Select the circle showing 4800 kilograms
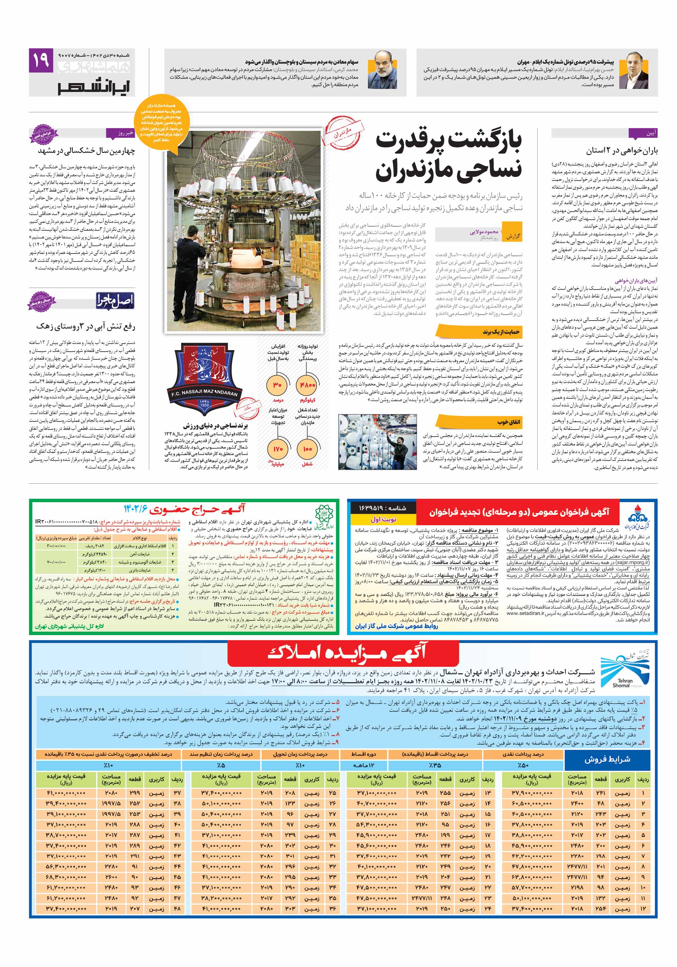click(307, 385)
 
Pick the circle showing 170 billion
click(278, 449)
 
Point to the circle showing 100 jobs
click(307, 449)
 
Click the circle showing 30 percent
click(278, 385)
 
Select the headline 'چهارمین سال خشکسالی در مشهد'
click(86, 150)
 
